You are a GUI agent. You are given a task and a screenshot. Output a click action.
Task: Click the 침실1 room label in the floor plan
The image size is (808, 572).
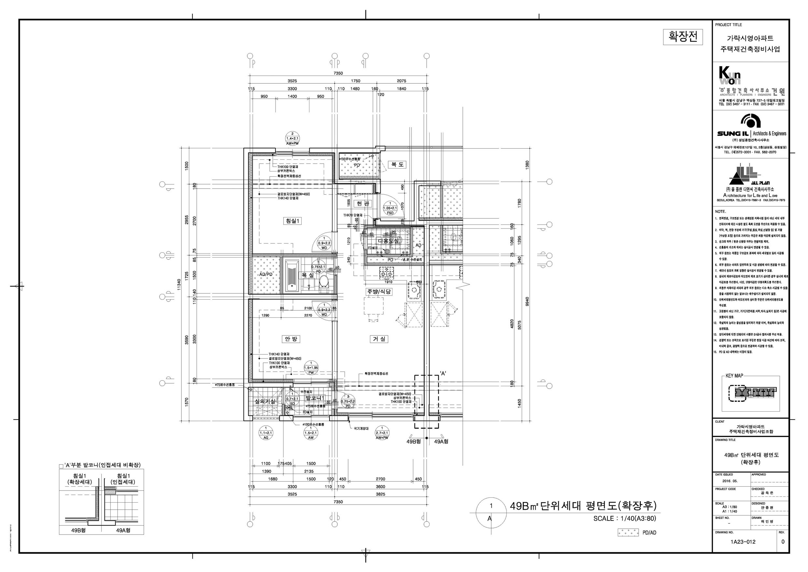pos(292,221)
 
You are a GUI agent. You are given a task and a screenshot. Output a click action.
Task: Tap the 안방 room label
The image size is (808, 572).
pos(291,339)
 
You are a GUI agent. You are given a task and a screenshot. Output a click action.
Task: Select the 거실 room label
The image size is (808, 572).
pos(379,339)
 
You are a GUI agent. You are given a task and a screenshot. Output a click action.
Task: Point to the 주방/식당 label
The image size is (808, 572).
pos(379,292)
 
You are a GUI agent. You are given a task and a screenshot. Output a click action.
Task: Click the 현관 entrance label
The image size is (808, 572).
pos(362,204)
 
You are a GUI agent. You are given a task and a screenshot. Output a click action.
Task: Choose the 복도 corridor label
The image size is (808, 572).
pos(398,165)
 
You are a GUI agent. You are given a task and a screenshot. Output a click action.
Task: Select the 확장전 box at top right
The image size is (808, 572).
pos(683,37)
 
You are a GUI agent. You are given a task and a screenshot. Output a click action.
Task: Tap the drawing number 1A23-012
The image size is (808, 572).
pos(743,542)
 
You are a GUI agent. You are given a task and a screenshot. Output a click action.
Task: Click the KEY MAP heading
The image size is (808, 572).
pos(734,376)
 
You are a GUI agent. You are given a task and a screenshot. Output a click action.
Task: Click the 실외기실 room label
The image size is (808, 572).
pos(265,402)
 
